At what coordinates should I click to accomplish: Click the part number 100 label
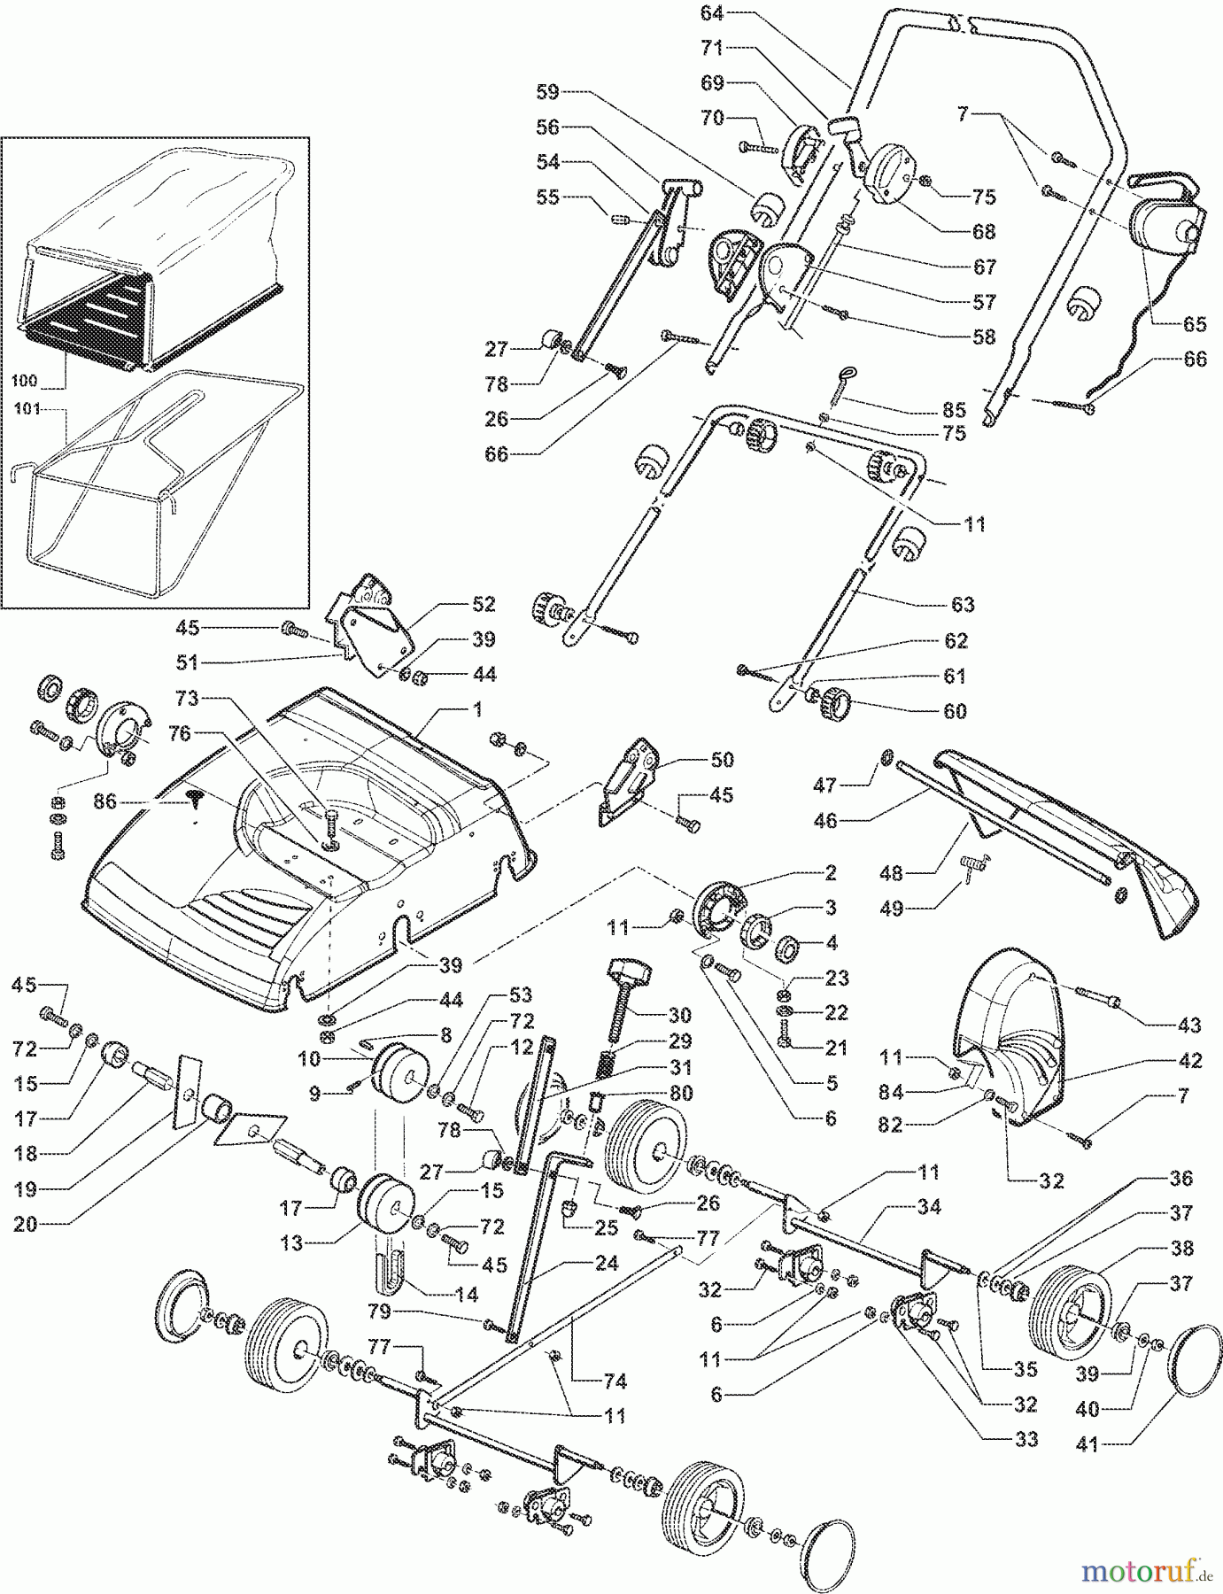coord(25,381)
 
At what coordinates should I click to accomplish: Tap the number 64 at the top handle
coord(712,12)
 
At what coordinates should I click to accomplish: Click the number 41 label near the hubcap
coord(1087,1445)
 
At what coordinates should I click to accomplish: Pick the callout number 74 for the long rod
coord(615,1381)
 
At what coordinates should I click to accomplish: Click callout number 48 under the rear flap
coord(891,873)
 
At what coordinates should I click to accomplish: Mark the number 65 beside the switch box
coord(1195,324)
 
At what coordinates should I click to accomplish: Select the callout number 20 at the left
coord(26,1225)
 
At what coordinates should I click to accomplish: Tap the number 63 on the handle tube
coord(963,604)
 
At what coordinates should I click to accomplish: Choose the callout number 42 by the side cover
coord(1189,1061)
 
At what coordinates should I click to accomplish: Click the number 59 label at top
coord(548,91)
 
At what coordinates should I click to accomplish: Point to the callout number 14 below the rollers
coord(467,1295)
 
